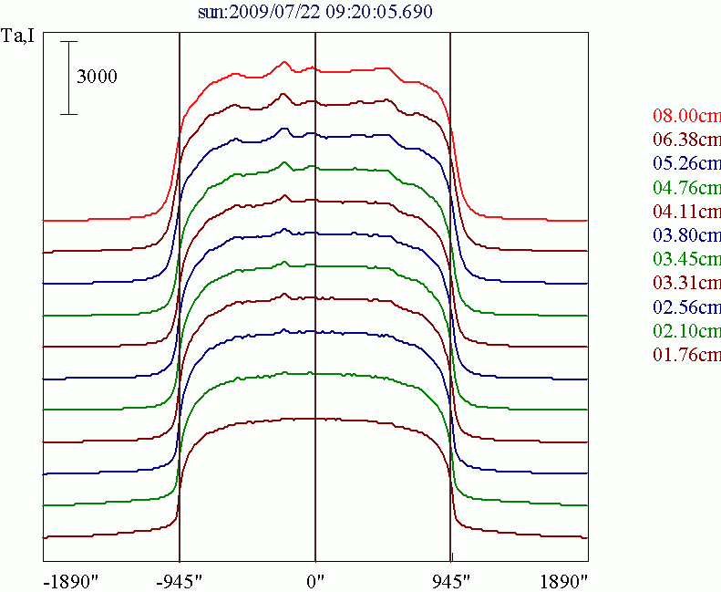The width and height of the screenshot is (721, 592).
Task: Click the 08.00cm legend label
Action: tap(686, 117)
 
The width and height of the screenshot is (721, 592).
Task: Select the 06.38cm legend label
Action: tap(686, 140)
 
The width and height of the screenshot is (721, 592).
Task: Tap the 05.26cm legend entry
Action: tap(686, 164)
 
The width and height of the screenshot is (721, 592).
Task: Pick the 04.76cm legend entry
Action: tap(686, 188)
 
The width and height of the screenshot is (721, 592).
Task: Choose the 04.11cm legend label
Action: tap(686, 212)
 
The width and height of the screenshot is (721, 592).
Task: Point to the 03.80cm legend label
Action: tap(686, 235)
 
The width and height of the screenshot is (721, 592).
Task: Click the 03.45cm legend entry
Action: tap(686, 259)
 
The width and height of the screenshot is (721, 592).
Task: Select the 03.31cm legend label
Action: tap(686, 283)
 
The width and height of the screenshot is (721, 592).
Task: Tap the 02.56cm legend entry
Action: tap(686, 306)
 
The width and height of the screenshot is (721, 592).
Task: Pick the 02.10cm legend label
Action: tap(686, 330)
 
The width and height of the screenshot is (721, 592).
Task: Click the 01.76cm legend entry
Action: tap(686, 354)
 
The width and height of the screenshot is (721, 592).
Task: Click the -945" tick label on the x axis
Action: tap(179, 580)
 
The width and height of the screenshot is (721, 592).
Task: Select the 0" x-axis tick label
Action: tap(315, 580)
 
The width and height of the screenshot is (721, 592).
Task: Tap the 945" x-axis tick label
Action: tap(450, 580)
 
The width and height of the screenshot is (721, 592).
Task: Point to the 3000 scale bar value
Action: tap(97, 78)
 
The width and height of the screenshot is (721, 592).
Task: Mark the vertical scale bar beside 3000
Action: tap(68, 78)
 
